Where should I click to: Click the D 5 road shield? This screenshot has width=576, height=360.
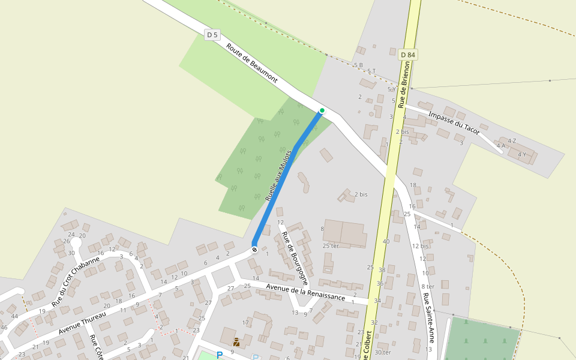click(x=211, y=35)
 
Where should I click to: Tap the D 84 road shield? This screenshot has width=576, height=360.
click(x=407, y=55)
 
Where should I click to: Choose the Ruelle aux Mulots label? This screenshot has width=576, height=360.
click(x=278, y=175)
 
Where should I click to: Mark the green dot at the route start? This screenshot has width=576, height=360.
click(x=322, y=110)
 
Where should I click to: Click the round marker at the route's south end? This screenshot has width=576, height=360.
click(x=254, y=249)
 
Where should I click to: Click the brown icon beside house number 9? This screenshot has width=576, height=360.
click(x=236, y=343)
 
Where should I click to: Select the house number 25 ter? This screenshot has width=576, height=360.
click(x=331, y=246)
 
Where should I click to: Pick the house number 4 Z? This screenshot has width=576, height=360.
click(x=512, y=141)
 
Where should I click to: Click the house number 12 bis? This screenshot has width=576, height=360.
click(x=420, y=246)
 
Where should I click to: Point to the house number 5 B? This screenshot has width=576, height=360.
click(x=358, y=65)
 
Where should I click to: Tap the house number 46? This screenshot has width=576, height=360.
click(x=4, y=327)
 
